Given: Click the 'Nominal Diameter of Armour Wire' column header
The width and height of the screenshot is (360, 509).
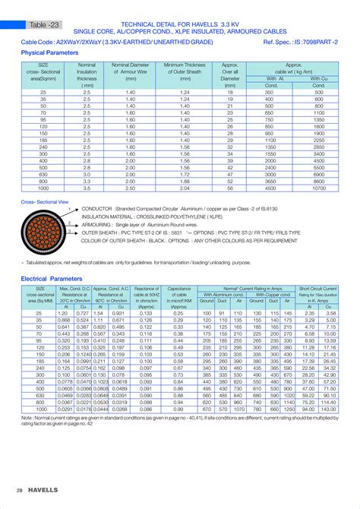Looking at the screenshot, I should tap(130, 71).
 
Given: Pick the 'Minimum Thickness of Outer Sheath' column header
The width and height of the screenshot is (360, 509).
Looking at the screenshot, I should tap(185, 71).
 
